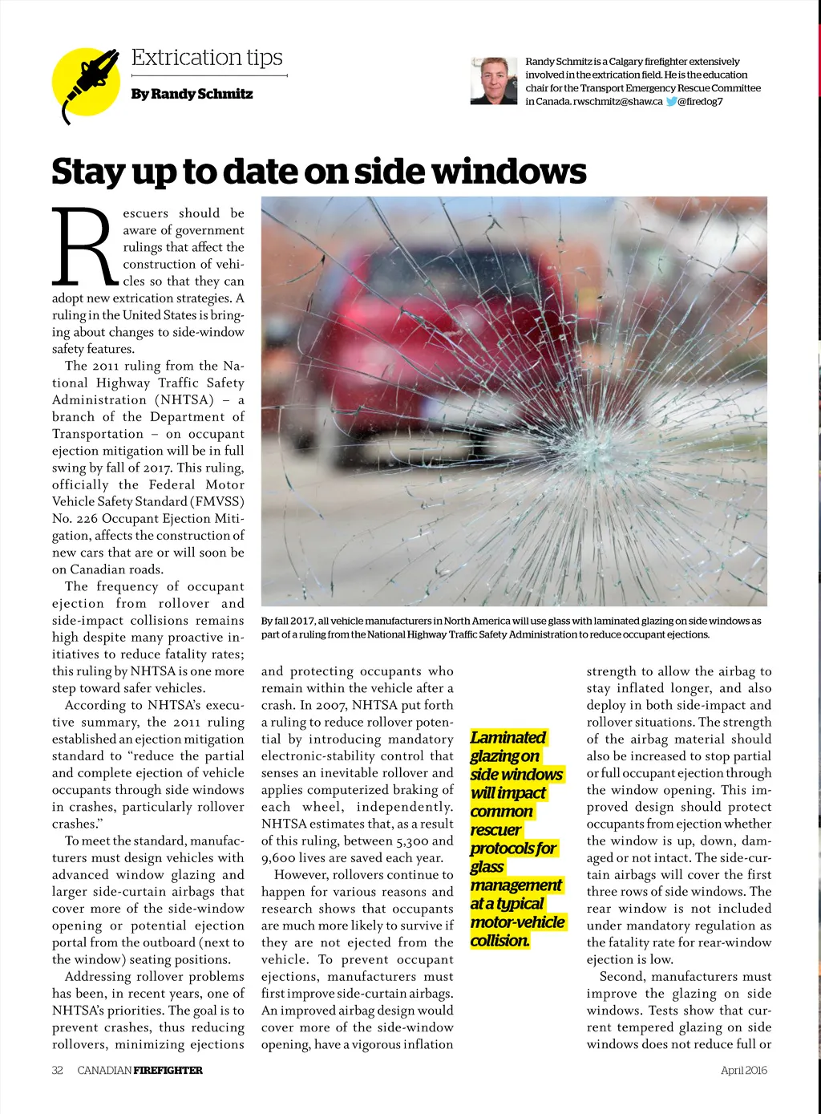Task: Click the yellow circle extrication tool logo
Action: pos(86,83)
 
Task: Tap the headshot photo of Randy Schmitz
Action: pos(494,81)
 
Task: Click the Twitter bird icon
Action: pos(672,101)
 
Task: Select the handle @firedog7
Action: pos(701,101)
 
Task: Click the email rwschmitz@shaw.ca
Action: pos(617,101)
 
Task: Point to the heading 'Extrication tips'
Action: pos(207,58)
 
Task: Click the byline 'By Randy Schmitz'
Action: pos(192,94)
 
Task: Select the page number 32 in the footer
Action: pos(58,1070)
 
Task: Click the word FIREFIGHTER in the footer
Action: pos(168,1070)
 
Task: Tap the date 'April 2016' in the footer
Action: pos(743,1070)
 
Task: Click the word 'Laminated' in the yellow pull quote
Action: pos(508,737)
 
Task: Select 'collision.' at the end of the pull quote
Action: pos(500,940)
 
